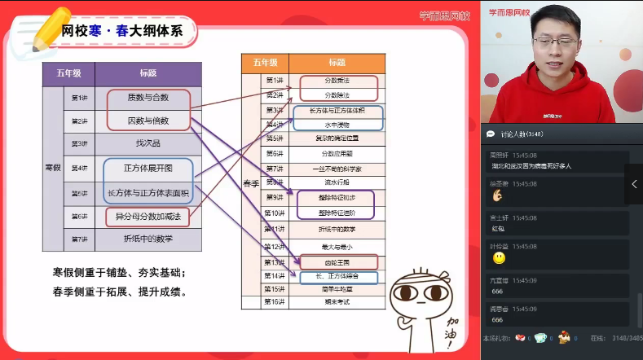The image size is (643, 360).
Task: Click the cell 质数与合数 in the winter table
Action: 148,98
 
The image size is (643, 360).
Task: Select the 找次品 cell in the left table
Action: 148,143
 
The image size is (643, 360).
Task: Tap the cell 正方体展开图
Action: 148,168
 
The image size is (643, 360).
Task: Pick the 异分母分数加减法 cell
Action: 148,217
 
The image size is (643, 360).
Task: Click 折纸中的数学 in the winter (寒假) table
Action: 148,239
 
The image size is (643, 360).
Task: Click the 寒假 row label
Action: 52,168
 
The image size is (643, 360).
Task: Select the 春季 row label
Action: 252,183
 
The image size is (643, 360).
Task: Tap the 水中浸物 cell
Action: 337,125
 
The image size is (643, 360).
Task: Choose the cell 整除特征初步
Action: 337,198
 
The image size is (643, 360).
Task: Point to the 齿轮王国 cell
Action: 337,262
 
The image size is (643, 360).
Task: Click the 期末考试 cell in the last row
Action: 337,301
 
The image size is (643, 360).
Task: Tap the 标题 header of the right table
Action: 337,62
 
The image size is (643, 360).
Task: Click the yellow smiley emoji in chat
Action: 499,258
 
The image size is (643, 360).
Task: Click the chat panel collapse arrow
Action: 634,184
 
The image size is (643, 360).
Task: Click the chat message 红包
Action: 499,229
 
